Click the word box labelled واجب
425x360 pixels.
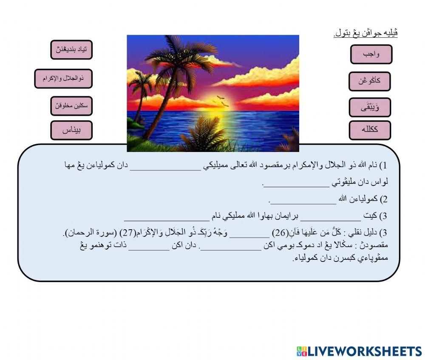371,54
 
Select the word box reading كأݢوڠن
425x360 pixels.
369,81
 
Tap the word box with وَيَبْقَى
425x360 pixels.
370,107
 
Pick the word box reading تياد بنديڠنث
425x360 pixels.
71,50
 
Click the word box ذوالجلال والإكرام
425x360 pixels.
63,79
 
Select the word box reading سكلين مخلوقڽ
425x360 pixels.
71,106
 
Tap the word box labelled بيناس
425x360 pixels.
71,130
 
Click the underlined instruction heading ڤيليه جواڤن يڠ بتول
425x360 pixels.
365,33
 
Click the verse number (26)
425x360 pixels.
280,233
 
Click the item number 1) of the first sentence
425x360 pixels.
383,165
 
